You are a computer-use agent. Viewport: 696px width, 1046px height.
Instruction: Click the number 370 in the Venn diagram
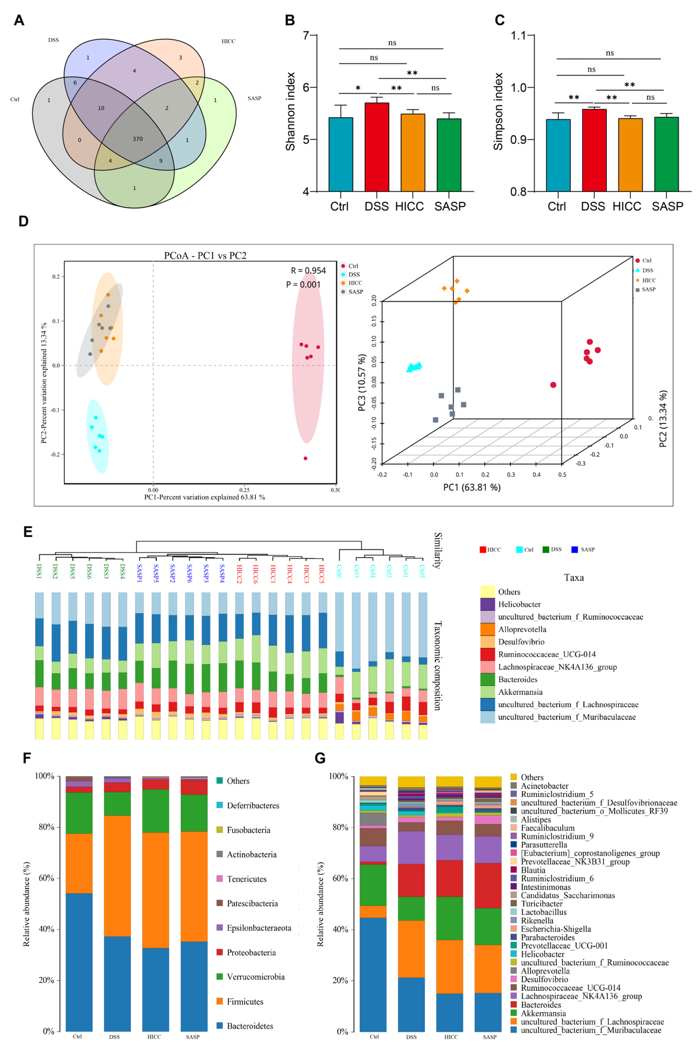click(138, 139)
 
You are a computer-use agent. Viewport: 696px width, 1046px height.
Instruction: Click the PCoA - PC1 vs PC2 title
click(205, 256)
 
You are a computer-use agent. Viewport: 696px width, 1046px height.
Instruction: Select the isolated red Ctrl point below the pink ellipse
click(305, 458)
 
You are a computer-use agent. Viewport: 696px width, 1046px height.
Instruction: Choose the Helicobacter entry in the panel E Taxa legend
click(519, 604)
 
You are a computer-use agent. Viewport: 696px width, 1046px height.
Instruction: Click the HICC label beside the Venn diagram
click(228, 41)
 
